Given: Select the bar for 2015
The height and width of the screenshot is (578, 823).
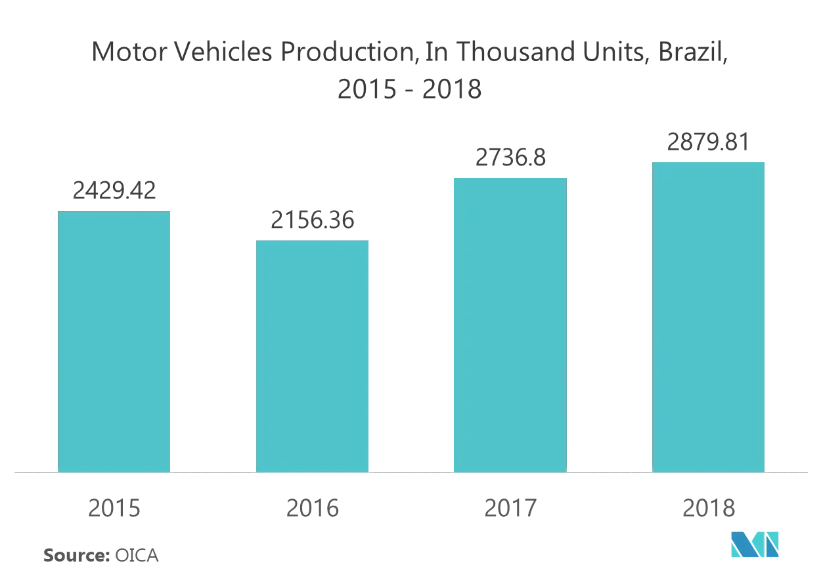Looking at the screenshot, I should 114,342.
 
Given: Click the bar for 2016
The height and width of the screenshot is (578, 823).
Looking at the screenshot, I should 312,356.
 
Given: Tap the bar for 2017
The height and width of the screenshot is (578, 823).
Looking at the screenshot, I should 510,325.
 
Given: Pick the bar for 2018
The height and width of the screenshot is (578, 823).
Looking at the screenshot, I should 708,317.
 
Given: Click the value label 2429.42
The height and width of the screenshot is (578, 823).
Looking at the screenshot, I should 114,190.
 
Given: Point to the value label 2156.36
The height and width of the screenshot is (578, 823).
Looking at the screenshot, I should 312,220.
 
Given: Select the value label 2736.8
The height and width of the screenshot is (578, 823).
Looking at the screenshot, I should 510,158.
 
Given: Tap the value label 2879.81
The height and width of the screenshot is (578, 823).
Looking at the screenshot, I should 708,142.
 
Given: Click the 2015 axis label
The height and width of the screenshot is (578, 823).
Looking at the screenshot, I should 114,508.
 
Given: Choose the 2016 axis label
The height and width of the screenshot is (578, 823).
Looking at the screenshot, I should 312,508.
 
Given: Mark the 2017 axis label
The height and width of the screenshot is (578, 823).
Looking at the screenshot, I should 510,508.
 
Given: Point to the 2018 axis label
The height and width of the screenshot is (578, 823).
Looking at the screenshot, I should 708,508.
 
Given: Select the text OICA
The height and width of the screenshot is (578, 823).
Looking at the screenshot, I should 137,555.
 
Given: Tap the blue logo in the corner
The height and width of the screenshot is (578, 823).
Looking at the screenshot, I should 755,545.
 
